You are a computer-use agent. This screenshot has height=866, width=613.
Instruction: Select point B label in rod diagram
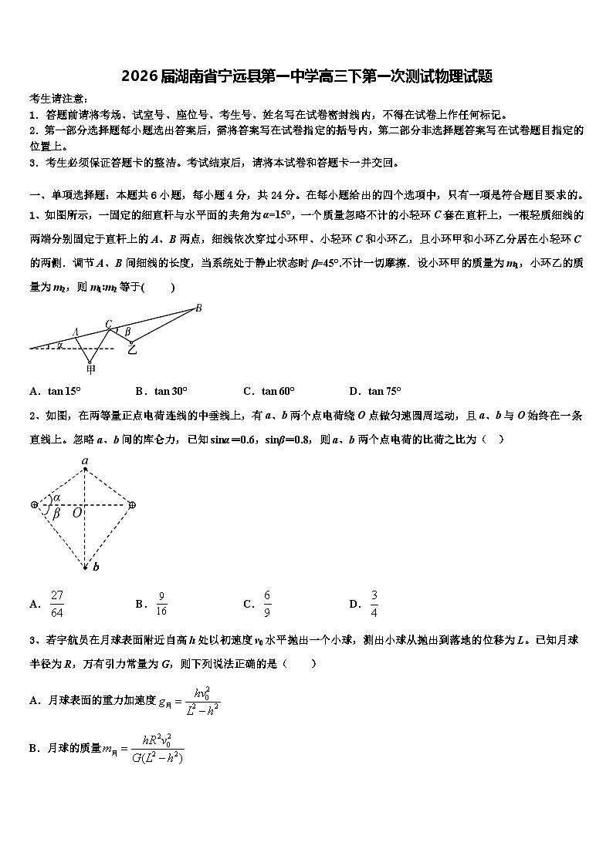198,308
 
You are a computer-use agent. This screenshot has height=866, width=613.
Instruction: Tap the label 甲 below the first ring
91,369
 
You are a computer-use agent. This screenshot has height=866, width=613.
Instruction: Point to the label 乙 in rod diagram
132,349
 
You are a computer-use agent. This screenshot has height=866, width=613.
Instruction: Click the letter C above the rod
109,324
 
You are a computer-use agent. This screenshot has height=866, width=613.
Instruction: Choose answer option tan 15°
65,391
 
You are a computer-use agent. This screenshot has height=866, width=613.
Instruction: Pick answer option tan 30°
171,391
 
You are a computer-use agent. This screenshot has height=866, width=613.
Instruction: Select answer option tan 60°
278,391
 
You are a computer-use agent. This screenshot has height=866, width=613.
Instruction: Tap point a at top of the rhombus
85,461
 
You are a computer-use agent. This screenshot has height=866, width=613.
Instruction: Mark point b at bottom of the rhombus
96,568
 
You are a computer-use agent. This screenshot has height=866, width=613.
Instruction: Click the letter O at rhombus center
76,512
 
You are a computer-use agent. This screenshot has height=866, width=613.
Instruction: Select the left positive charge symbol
34,504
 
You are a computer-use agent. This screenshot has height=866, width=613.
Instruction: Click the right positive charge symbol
132,504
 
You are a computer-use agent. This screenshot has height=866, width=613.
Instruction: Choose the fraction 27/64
57,604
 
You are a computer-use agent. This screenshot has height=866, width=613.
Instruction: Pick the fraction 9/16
162,604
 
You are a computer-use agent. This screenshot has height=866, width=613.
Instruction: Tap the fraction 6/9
267,604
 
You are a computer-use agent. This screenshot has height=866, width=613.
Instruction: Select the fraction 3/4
374,604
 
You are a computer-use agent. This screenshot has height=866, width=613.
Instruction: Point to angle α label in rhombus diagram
56,497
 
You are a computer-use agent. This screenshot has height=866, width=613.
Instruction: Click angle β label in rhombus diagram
56,513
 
